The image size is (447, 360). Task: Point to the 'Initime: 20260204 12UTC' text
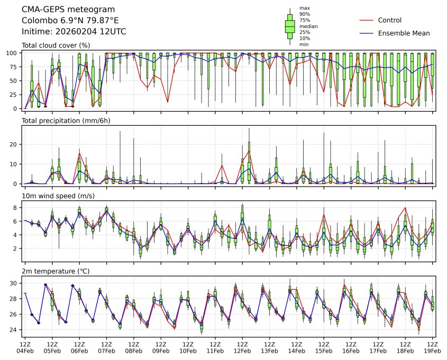tap(66, 31)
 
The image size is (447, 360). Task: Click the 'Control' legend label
tap(390, 20)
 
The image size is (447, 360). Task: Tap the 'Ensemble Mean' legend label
tap(404, 33)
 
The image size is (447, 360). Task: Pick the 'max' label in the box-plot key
tap(304, 8)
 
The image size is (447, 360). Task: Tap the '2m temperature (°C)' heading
tap(56, 271)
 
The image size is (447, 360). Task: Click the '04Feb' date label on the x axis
tap(25, 350)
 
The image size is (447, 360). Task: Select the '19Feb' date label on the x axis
tap(433, 350)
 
